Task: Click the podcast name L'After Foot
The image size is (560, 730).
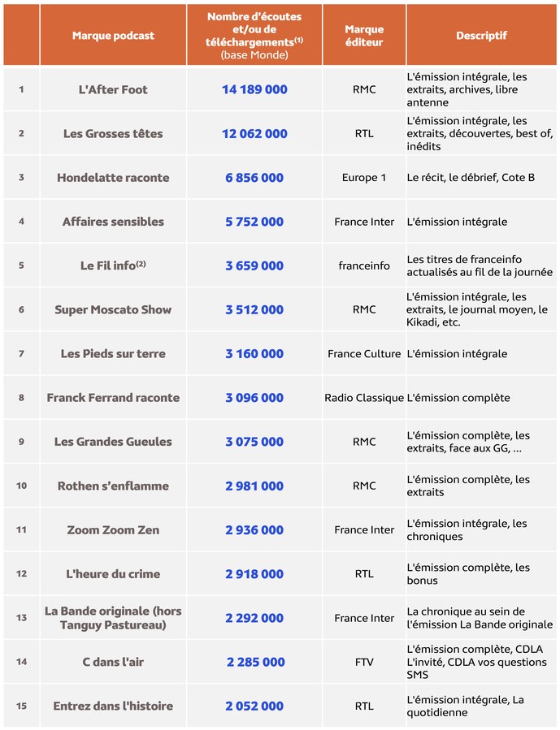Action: [x=113, y=89]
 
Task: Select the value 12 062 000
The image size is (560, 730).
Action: [x=254, y=133]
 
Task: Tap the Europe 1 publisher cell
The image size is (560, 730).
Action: [x=364, y=178]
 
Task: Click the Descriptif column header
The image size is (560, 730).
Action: [x=481, y=36]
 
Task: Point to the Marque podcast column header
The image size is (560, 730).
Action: [x=113, y=36]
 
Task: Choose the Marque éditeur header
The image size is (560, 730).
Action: [x=364, y=36]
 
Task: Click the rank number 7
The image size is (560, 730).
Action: [x=21, y=354]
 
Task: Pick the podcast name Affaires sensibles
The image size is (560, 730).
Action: [x=113, y=222]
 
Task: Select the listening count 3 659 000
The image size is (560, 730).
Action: [x=254, y=266]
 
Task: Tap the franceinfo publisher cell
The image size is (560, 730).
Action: [x=364, y=266]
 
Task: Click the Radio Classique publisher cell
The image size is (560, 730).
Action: [x=364, y=398]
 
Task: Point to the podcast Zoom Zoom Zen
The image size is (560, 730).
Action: [x=113, y=530]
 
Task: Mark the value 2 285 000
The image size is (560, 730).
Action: [x=255, y=663]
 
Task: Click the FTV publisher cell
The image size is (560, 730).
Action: [x=364, y=663]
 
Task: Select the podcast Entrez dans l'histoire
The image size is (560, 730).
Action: [x=113, y=706]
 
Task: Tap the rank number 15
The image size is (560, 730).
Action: [x=21, y=706]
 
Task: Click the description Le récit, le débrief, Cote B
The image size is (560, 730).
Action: [x=471, y=178]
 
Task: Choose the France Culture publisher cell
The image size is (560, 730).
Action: [x=364, y=354]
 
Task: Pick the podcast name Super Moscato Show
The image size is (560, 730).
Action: [x=113, y=309]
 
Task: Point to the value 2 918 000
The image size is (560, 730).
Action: [x=254, y=574]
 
